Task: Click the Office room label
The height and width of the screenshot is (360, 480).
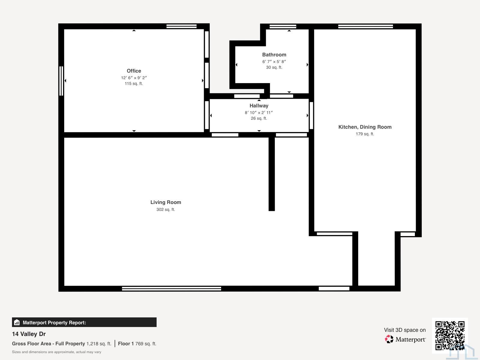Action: click(134, 71)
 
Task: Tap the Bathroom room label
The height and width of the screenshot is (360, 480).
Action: click(274, 55)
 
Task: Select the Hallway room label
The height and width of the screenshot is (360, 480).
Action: click(259, 106)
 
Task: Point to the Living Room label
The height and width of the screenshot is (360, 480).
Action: click(166, 202)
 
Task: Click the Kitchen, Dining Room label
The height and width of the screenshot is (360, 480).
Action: click(365, 127)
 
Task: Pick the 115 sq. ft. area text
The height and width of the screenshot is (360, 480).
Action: click(133, 83)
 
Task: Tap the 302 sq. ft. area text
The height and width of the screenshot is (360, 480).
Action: click(166, 209)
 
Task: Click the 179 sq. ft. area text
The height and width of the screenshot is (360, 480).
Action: click(365, 134)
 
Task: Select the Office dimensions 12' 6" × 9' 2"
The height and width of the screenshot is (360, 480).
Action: click(134, 78)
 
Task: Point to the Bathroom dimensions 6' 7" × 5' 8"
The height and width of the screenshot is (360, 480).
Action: click(274, 61)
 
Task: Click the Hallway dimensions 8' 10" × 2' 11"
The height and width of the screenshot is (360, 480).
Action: click(259, 112)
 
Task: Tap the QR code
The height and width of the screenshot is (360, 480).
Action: click(450, 335)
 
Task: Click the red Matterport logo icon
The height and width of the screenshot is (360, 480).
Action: click(389, 339)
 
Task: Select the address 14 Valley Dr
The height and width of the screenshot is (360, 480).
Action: click(29, 334)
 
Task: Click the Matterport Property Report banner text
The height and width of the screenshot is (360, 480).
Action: click(54, 322)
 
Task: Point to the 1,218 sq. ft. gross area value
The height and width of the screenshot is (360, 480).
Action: click(99, 343)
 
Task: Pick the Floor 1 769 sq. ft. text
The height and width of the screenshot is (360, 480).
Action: click(137, 343)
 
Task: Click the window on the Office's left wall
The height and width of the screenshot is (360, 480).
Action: click(61, 81)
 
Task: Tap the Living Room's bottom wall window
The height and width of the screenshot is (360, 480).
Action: click(171, 289)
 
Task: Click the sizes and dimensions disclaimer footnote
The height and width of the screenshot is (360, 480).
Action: click(56, 352)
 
